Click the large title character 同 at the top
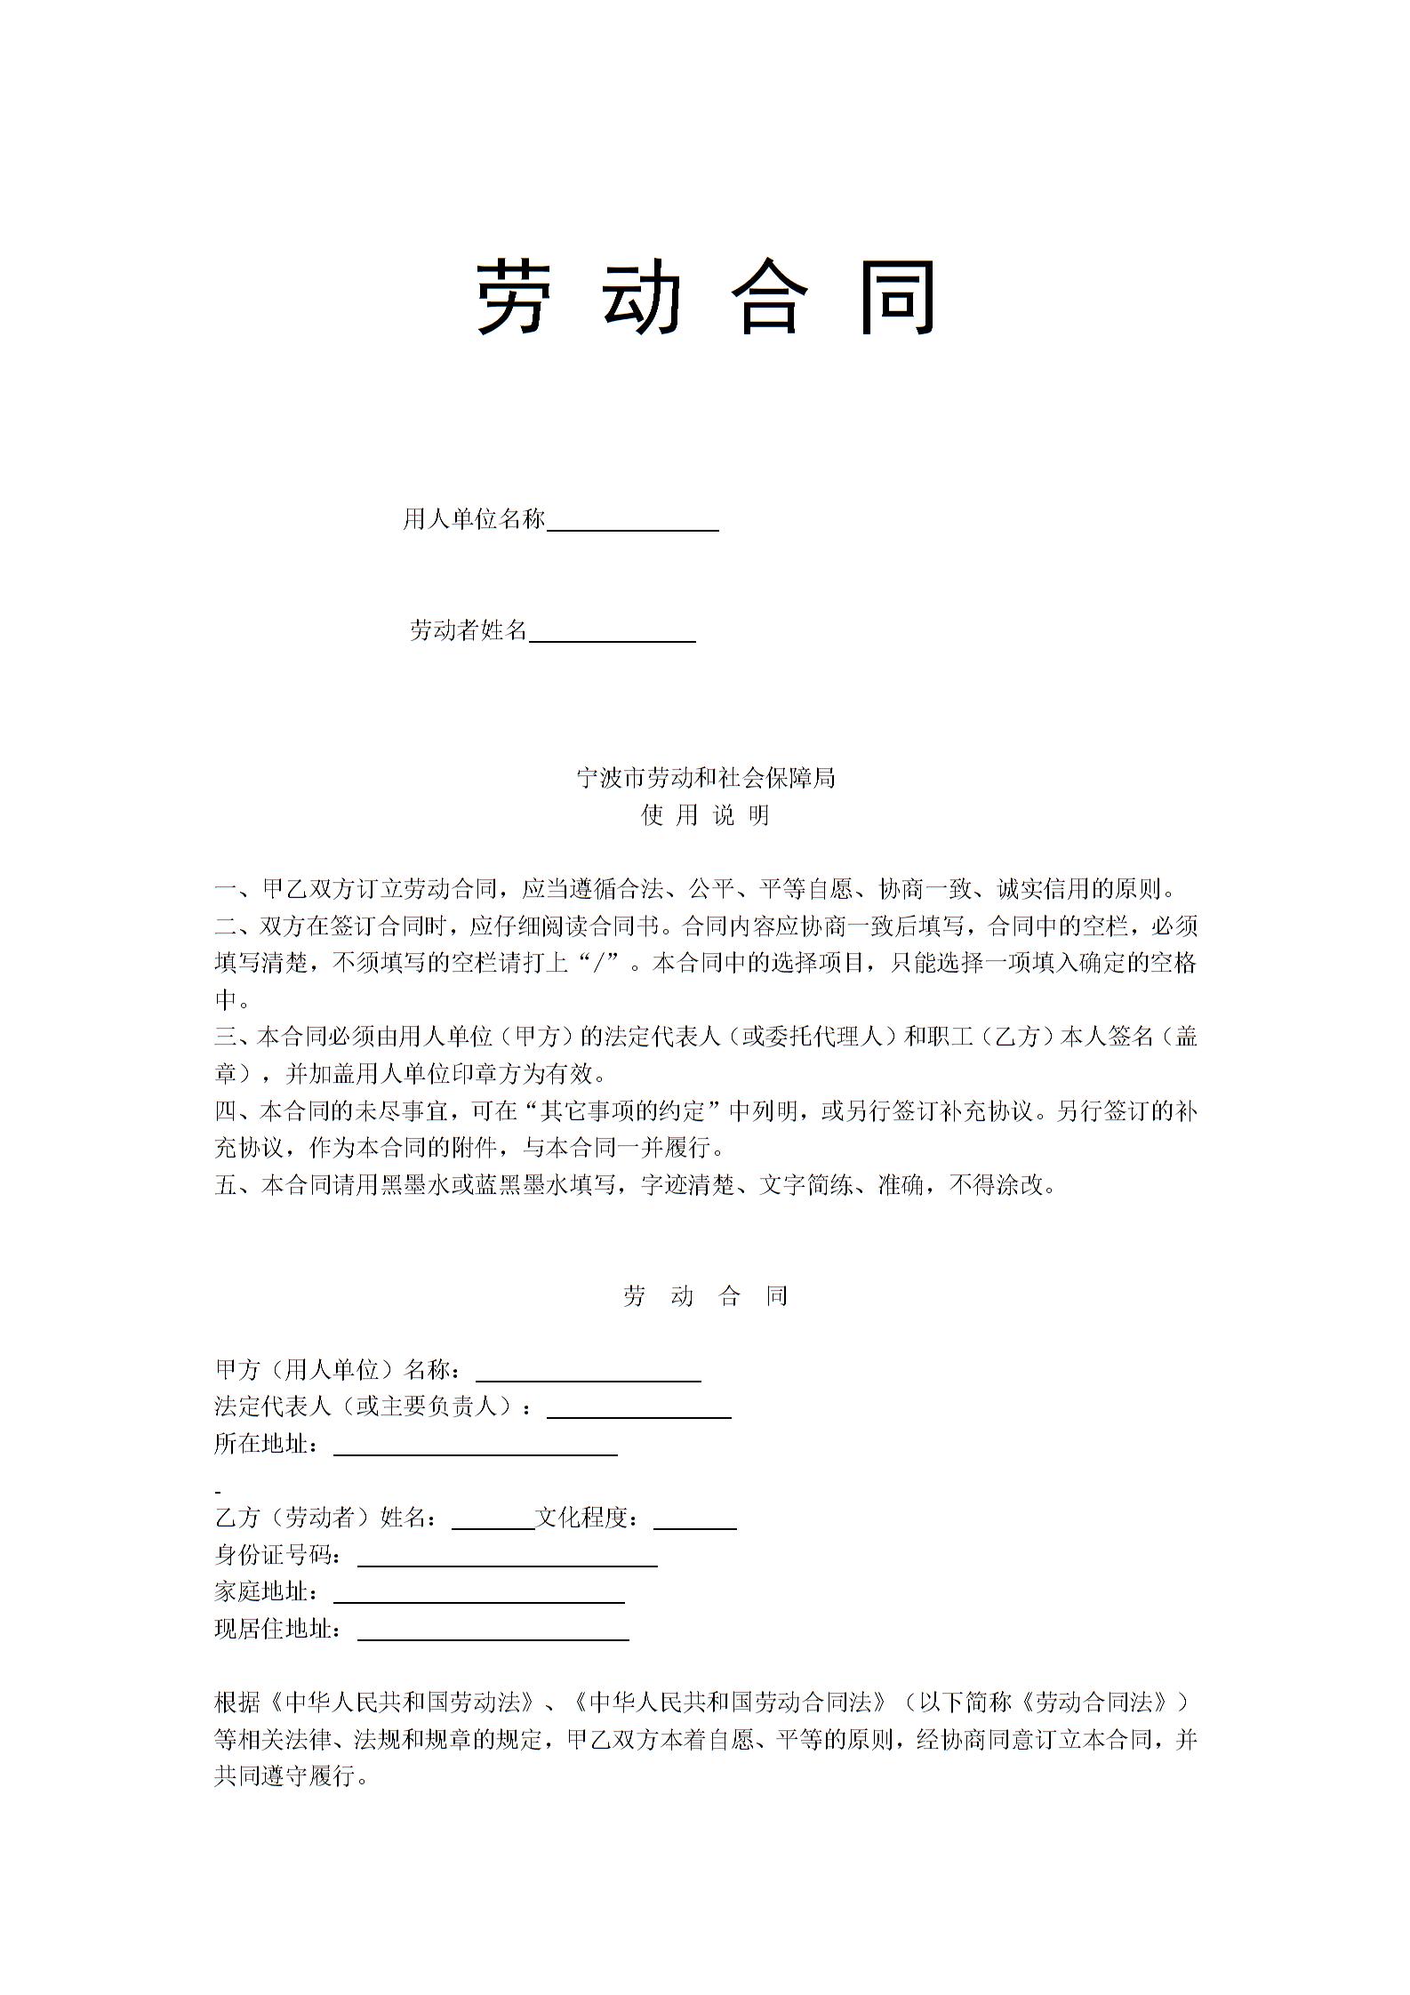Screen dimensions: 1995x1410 pyautogui.click(x=899, y=298)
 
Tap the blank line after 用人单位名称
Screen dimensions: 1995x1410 pyautogui.click(x=632, y=521)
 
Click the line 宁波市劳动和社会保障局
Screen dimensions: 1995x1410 pyautogui.click(x=706, y=779)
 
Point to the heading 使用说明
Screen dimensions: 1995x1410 pyautogui.click(x=706, y=816)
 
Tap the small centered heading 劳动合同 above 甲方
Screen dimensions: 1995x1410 pyautogui.click(x=706, y=1296)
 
